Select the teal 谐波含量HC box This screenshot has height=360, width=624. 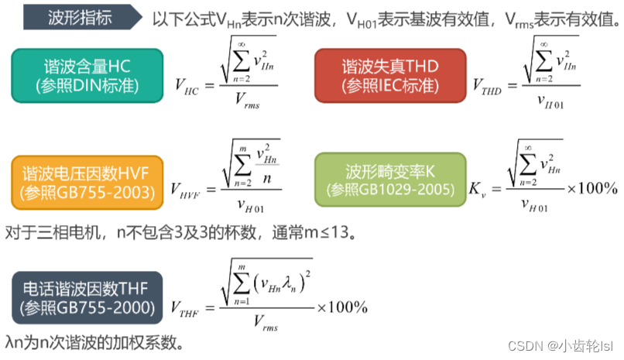click(x=86, y=75)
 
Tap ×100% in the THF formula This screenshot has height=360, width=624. click(x=341, y=307)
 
